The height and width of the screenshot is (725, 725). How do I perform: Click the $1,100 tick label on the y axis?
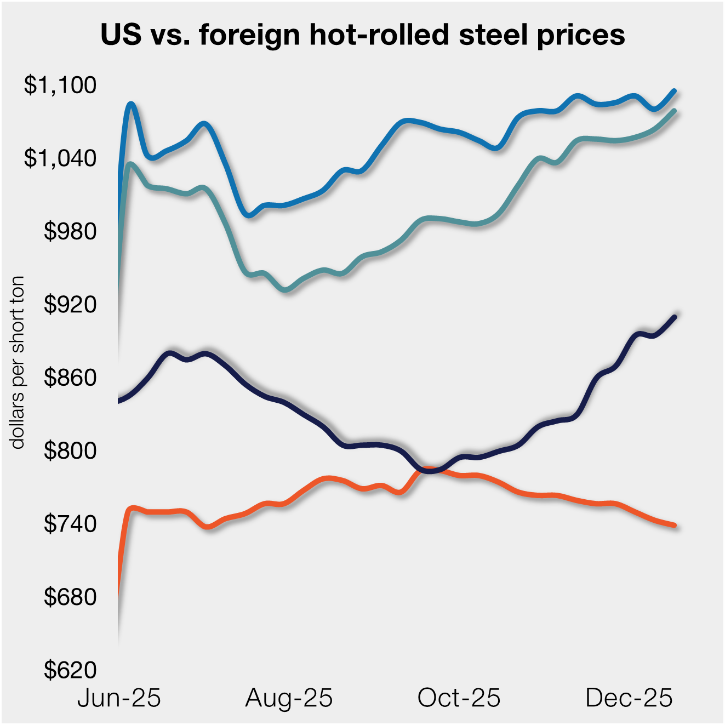[x=60, y=85]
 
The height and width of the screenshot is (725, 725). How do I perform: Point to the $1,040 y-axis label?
[x=60, y=158]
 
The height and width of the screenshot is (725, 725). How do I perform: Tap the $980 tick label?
[x=70, y=232]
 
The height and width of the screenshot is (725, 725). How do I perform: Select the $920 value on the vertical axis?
[x=70, y=305]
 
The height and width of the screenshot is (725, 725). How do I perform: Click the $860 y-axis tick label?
[x=70, y=378]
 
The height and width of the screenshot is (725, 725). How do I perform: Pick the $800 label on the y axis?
[x=70, y=451]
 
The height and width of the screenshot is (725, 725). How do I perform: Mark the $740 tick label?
[x=70, y=524]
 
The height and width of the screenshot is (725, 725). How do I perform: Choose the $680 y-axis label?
[x=70, y=597]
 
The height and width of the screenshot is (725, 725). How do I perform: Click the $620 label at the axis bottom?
[x=70, y=670]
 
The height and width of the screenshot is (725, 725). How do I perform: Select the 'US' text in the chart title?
[x=121, y=35]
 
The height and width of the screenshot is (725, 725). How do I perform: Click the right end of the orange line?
[x=674, y=525]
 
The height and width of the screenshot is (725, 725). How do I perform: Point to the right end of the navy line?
[x=674, y=317]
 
